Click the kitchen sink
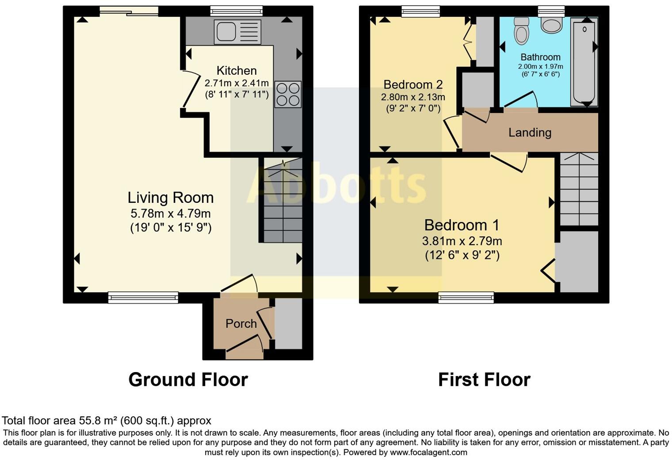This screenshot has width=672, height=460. pos(237,31)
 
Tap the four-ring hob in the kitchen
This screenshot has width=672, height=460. pos(288,95)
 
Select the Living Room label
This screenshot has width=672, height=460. pos(171,198)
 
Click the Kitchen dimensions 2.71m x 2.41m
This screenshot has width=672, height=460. pos(237,83)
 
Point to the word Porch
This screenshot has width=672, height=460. pos(241,324)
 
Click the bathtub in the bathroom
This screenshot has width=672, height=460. pos(584,62)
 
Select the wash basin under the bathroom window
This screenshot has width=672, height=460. pos(551,25)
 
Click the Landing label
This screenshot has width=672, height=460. pos(530,133)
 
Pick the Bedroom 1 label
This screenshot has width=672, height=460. pos(462,225)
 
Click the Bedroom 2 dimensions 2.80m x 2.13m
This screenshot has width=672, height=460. pos(413,97)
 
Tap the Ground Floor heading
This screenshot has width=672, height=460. pos(188,380)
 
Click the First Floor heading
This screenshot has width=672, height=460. pos(484,380)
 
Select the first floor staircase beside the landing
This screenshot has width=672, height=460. pos(579,190)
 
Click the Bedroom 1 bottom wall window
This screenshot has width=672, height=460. pos(466,298)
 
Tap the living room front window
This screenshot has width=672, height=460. pos(143,298)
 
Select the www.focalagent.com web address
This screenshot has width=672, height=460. pos(428,452)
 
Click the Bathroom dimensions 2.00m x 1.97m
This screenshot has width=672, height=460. pos(540,67)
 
